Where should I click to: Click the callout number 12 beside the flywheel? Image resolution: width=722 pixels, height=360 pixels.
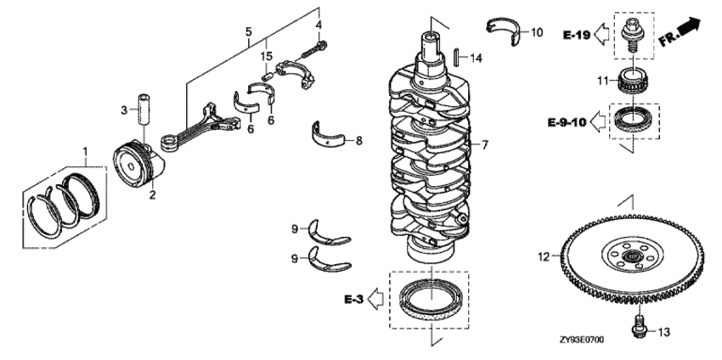(542, 252)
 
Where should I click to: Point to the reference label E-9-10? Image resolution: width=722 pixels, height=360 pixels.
(567, 122)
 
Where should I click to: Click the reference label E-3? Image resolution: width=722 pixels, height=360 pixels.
(354, 298)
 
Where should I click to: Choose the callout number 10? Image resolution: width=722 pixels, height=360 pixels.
(536, 32)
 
